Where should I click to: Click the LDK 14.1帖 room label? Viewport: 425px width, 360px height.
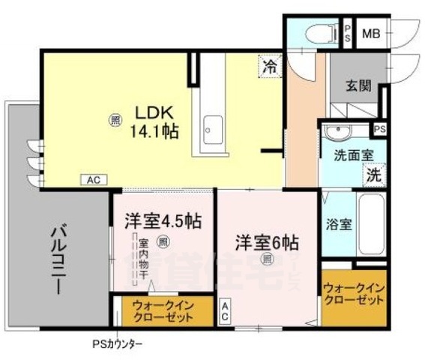click(x=155, y=123)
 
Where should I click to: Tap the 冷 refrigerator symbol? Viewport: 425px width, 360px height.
click(x=268, y=66)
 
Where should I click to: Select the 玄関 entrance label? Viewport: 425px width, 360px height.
click(x=358, y=85)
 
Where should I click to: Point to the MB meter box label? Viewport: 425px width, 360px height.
click(x=372, y=33)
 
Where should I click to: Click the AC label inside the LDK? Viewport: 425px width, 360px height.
click(x=93, y=180)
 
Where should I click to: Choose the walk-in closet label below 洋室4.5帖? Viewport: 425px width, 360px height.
click(x=163, y=311)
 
